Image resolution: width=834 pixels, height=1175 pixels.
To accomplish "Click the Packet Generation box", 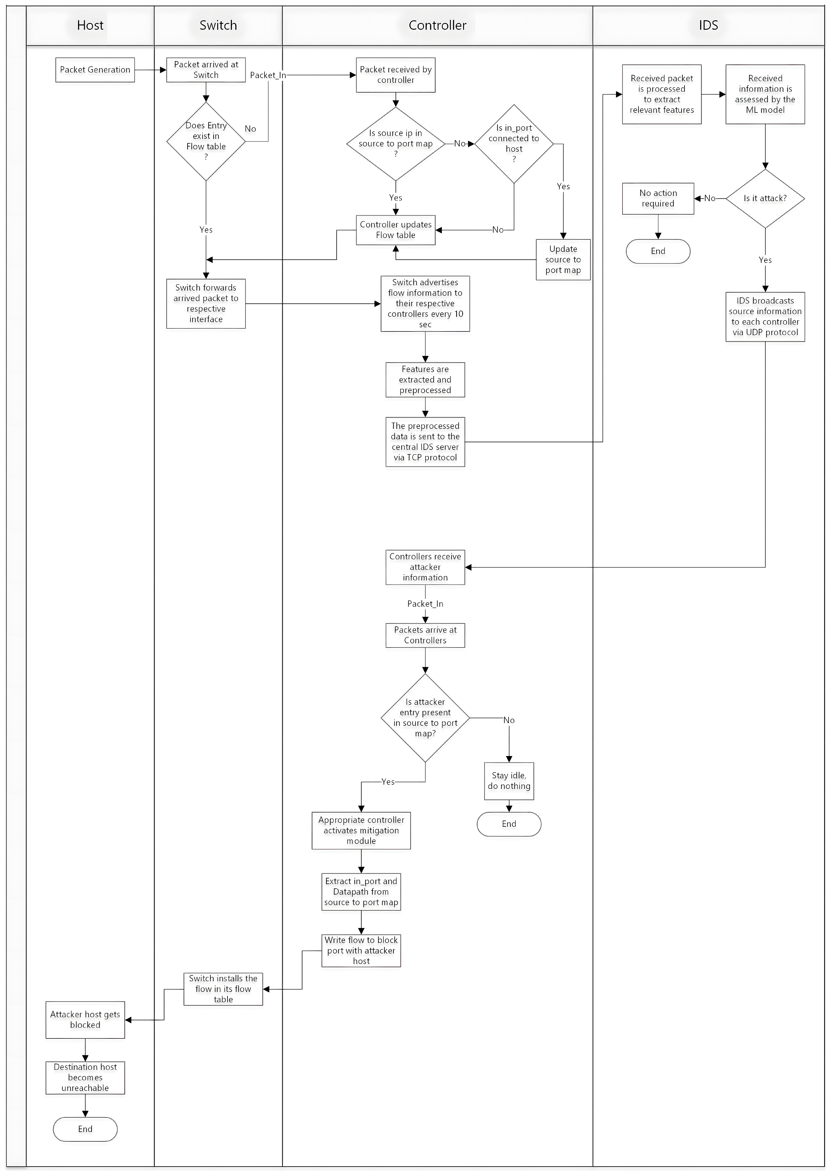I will point(95,70).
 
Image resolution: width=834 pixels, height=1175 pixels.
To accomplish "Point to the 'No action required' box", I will point(658,199).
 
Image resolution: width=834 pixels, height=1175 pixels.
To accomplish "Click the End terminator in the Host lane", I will point(85,1129).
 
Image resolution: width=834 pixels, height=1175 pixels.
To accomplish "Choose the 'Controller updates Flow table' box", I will point(396,230).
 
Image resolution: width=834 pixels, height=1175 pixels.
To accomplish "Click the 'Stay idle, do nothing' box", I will point(509,781).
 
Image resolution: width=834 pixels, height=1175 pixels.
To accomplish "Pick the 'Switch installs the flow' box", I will point(223,989).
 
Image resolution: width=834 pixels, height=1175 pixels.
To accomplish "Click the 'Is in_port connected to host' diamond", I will point(514,144).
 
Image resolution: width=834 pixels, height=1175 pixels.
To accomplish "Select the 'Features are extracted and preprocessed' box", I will point(425,380).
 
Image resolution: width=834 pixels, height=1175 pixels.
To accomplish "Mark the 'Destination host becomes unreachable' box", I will point(85,1077).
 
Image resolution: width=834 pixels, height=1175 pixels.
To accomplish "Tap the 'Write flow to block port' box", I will point(361,951).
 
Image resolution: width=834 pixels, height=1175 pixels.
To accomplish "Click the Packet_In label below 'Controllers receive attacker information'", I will point(425,604).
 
